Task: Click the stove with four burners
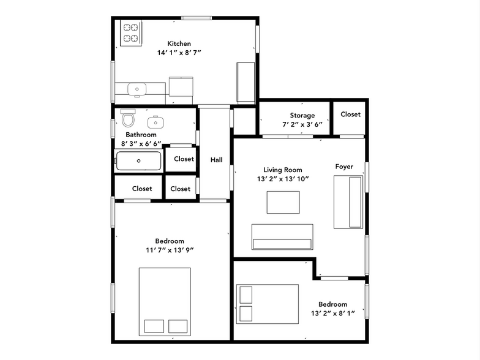(x=130, y=33)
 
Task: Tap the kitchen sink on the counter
(x=137, y=89)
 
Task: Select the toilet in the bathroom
(x=128, y=117)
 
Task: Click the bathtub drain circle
(x=139, y=161)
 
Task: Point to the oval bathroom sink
(x=153, y=120)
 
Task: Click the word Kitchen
(x=179, y=43)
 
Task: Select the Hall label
(x=217, y=160)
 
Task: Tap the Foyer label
(x=343, y=167)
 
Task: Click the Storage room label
(x=302, y=115)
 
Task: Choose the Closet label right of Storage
(x=350, y=114)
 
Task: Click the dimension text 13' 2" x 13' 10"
(x=283, y=179)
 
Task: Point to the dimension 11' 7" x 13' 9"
(x=170, y=250)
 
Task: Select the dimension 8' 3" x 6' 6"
(x=141, y=144)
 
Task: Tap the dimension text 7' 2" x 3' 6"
(x=302, y=124)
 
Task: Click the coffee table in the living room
(x=283, y=202)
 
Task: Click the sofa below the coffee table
(x=282, y=237)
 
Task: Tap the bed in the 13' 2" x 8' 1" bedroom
(x=268, y=304)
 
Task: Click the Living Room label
(x=283, y=170)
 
